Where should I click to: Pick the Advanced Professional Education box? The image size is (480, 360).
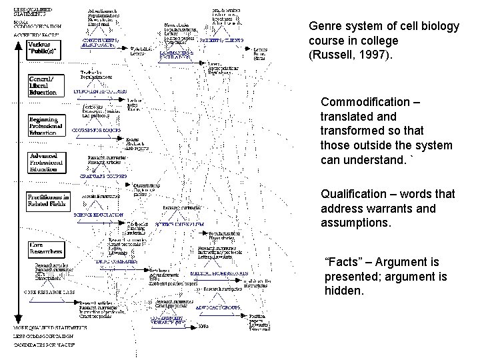pos(47,161)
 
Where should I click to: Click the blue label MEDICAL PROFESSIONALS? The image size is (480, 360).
pos(220,273)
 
